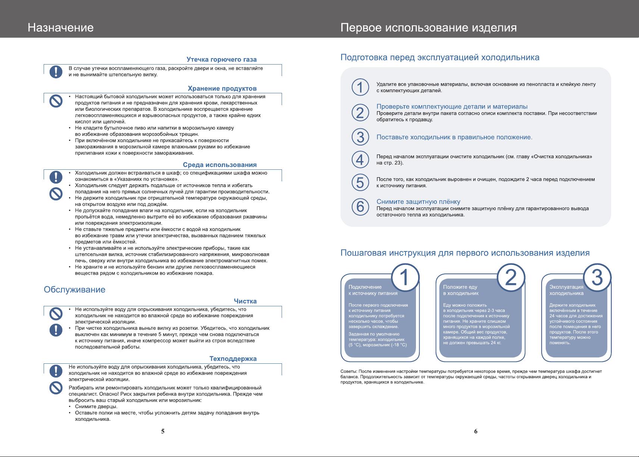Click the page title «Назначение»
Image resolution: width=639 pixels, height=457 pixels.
tap(60, 28)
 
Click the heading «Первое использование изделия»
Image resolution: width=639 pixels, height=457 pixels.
tap(429, 28)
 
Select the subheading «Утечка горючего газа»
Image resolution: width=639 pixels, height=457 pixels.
tap(221, 60)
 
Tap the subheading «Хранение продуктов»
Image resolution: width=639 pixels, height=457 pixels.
tap(222, 88)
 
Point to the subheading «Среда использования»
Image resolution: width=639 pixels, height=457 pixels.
tap(219, 165)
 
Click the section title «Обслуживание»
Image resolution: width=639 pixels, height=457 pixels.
tap(75, 289)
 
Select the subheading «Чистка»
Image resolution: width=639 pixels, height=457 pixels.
tap(245, 301)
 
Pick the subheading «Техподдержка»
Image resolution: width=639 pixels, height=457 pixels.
tap(233, 359)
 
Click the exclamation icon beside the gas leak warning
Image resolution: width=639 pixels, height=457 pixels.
tap(56, 71)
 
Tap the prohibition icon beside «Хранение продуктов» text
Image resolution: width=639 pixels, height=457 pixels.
tap(56, 100)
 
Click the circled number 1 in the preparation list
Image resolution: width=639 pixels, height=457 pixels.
tap(360, 87)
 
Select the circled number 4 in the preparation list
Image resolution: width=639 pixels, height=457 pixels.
tap(360, 160)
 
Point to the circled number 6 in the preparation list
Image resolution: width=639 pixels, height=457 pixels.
tap(360, 206)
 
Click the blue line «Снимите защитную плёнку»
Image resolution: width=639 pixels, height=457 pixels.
tap(418, 202)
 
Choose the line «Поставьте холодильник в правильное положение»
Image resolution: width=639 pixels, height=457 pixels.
tap(454, 137)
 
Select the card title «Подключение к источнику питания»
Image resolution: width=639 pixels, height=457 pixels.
tap(373, 290)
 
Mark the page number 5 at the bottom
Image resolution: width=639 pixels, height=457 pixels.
tap(163, 431)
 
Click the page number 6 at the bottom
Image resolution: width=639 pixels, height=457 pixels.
tap(476, 431)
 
